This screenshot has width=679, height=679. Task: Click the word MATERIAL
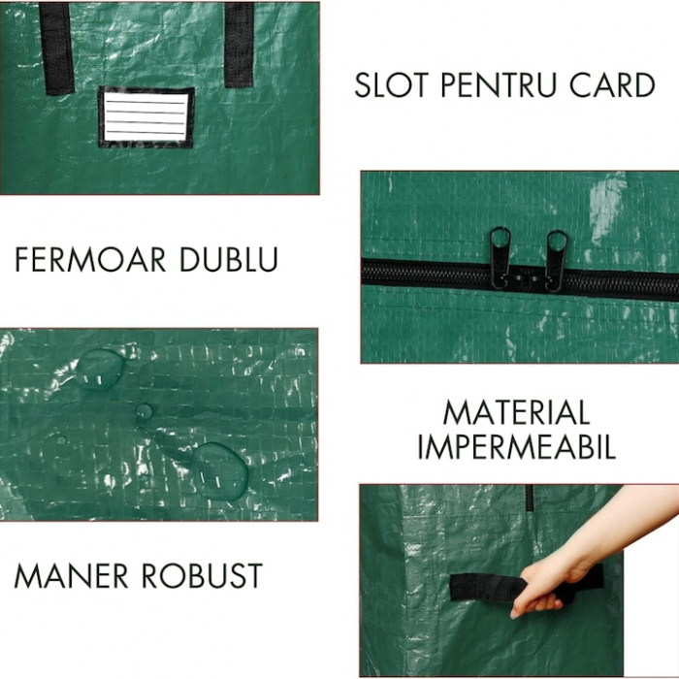click(516, 413)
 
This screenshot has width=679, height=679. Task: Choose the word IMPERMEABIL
click(516, 447)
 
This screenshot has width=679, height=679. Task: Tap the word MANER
click(74, 575)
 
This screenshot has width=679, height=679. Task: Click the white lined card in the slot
click(145, 116)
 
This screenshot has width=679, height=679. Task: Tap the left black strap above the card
click(57, 47)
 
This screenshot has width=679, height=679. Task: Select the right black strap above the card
click(239, 44)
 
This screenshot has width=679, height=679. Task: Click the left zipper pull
click(501, 256)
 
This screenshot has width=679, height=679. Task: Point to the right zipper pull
click(557, 257)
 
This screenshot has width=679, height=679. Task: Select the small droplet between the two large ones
click(144, 412)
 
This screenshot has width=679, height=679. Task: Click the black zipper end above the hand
click(530, 498)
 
